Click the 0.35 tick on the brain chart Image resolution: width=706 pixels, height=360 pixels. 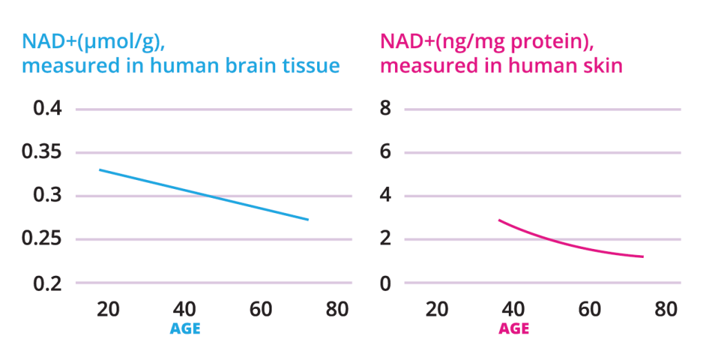click(43, 152)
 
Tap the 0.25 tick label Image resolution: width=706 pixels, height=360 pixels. click(43, 239)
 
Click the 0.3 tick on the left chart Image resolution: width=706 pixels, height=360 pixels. click(48, 196)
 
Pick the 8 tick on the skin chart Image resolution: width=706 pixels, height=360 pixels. click(386, 109)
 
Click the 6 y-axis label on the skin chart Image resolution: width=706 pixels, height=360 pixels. click(386, 152)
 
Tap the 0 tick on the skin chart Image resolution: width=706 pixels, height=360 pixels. click(386, 283)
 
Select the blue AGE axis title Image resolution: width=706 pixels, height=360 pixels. click(185, 329)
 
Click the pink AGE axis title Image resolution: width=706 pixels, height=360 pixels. click(514, 329)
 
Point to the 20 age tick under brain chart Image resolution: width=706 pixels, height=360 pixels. click(108, 309)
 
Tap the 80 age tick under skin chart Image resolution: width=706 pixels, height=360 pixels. click(665, 309)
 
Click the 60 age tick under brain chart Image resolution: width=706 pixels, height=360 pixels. click(261, 309)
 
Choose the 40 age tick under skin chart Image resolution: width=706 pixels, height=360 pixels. click(514, 309)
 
